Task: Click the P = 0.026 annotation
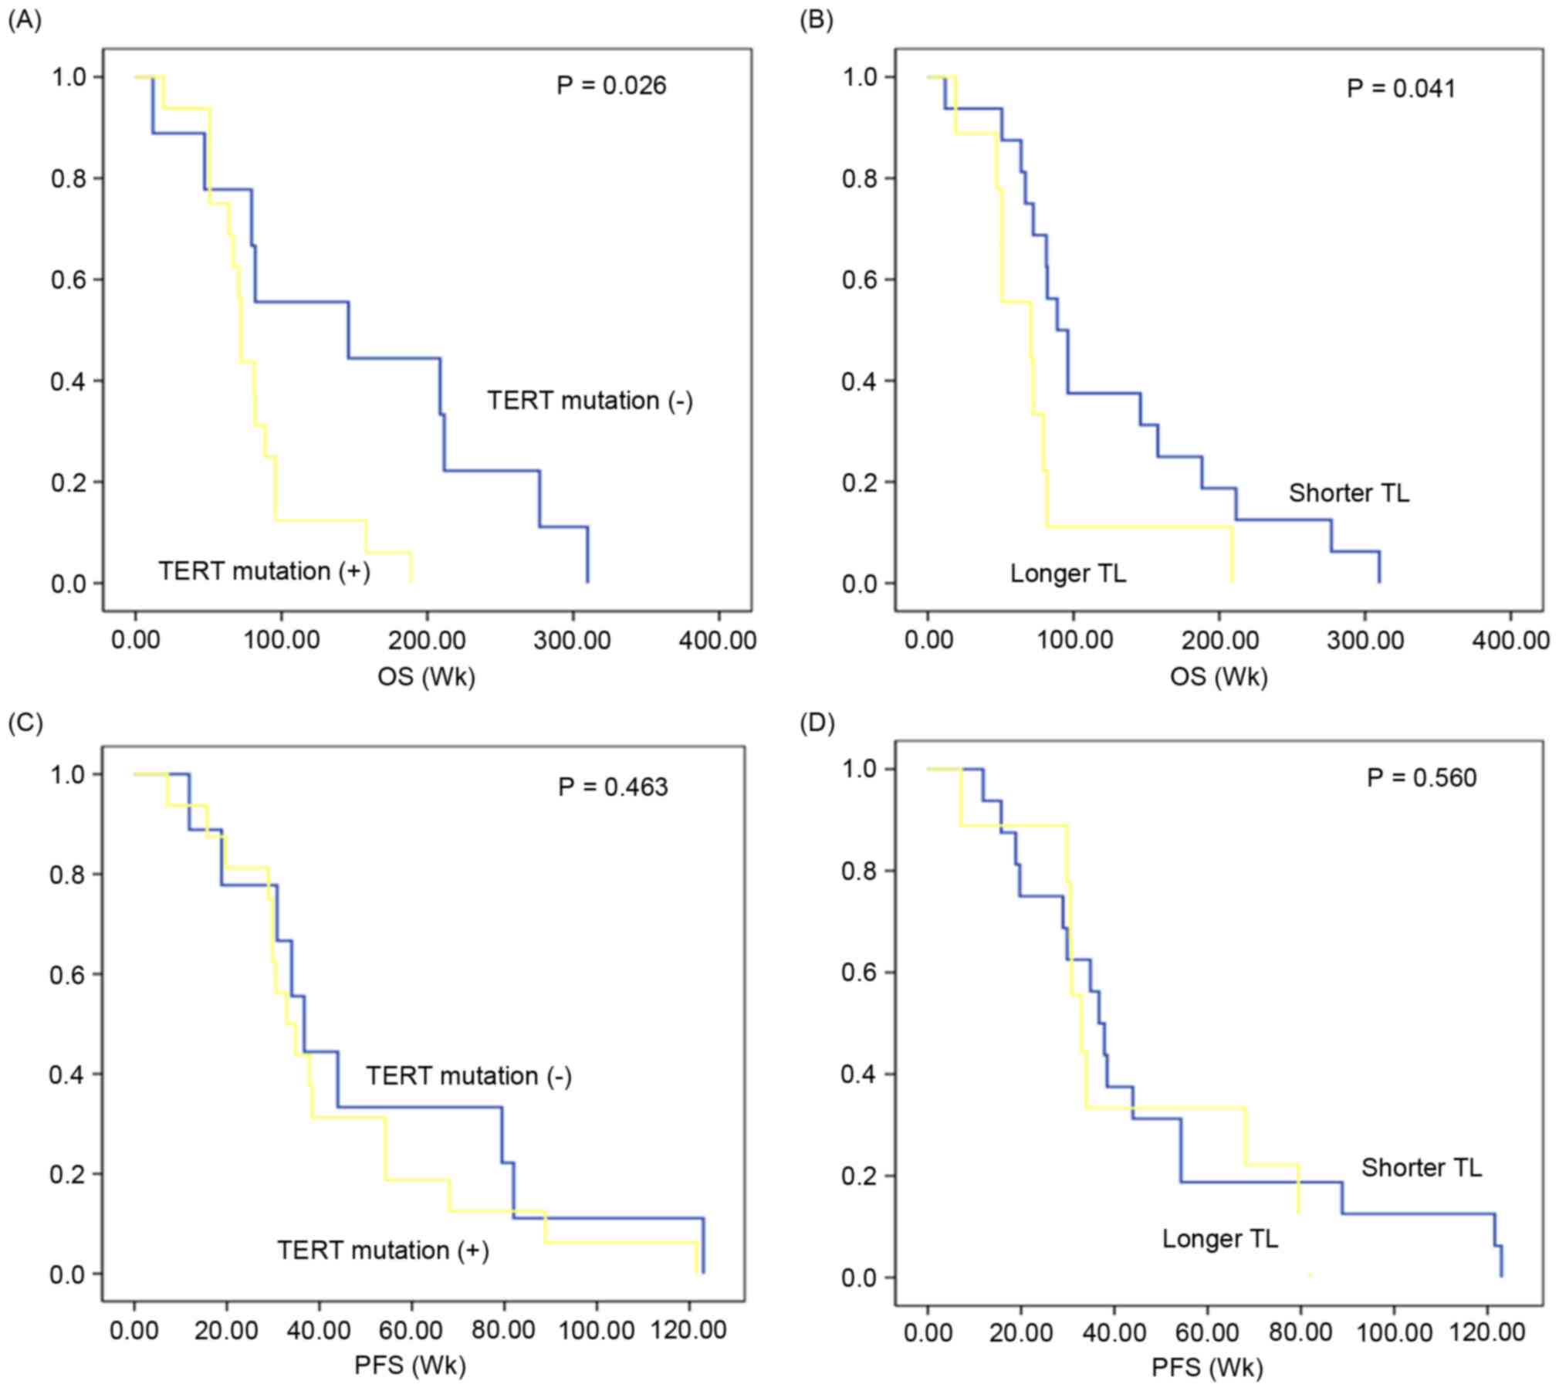pos(610,85)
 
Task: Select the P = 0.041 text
pos(1401,88)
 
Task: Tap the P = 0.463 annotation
pos(613,787)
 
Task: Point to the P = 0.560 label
pos(1421,777)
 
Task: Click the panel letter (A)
pos(24,21)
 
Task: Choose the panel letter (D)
pos(817,723)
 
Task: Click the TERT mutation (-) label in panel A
pos(590,401)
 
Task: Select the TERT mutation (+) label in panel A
pos(264,571)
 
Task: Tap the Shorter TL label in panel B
pos(1348,492)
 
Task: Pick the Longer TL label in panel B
pos(1067,573)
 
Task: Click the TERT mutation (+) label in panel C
pos(383,1250)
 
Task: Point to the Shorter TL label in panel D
pos(1421,1167)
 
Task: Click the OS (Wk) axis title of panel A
pos(426,676)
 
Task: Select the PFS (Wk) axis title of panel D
pos(1207,1367)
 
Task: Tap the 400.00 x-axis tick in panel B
pos(1510,640)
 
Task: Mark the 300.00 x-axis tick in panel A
pos(572,640)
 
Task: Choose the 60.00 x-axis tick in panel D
pos(1207,1332)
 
